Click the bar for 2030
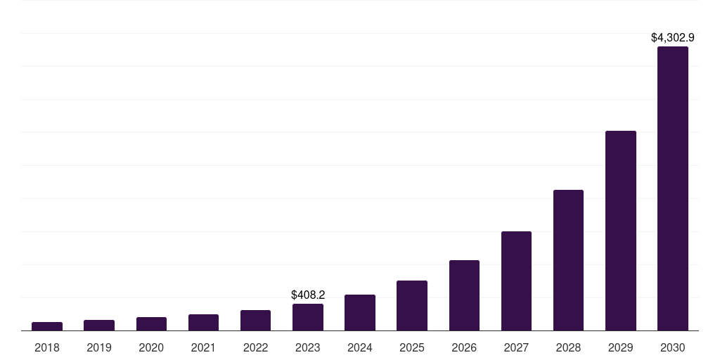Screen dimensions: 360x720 pos(672,188)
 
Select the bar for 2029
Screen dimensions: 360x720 pos(620,231)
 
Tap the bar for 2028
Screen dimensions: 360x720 pos(568,260)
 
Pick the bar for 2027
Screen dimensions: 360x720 pos(516,281)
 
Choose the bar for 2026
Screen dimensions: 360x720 pos(464,295)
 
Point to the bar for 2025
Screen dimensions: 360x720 pos(412,305)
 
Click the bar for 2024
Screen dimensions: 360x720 pos(360,312)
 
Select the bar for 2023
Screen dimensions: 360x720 pos(308,317)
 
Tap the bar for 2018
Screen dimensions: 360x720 pos(47,326)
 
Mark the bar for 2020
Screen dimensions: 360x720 pos(151,323)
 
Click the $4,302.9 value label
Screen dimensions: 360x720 pos(672,37)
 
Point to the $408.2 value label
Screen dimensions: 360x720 pos(308,295)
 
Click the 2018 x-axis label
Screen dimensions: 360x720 pos(47,347)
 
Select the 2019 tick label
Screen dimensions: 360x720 pos(99,347)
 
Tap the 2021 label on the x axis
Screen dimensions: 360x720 pos(203,347)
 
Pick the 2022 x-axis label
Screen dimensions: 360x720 pos(255,347)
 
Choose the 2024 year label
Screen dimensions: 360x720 pos(360,347)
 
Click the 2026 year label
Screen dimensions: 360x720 pos(464,347)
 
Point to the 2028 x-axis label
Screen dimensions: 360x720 pos(568,347)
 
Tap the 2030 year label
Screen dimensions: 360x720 pos(672,347)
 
